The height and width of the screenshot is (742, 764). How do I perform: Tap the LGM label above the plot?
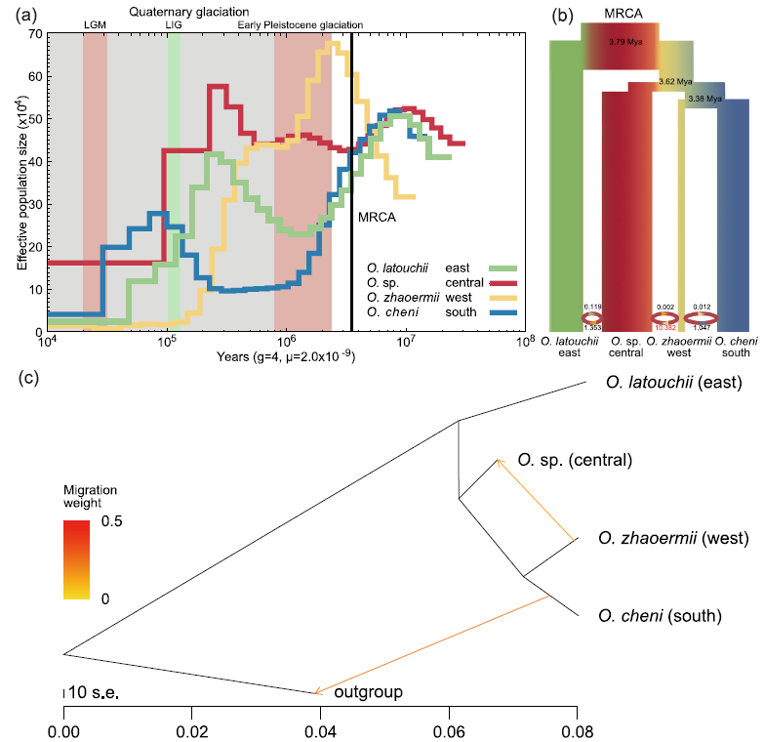(x=95, y=23)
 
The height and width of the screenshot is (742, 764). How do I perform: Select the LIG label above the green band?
(x=174, y=23)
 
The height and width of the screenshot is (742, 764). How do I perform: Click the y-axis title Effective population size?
(x=20, y=183)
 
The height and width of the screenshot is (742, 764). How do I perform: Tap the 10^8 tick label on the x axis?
(x=526, y=344)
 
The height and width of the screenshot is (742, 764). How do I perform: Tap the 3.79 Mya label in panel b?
(x=622, y=43)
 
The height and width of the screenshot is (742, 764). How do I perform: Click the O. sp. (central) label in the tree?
(x=575, y=460)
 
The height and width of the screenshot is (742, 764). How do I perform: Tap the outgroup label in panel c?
(x=369, y=692)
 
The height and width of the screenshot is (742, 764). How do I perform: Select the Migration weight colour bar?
(x=76, y=559)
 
